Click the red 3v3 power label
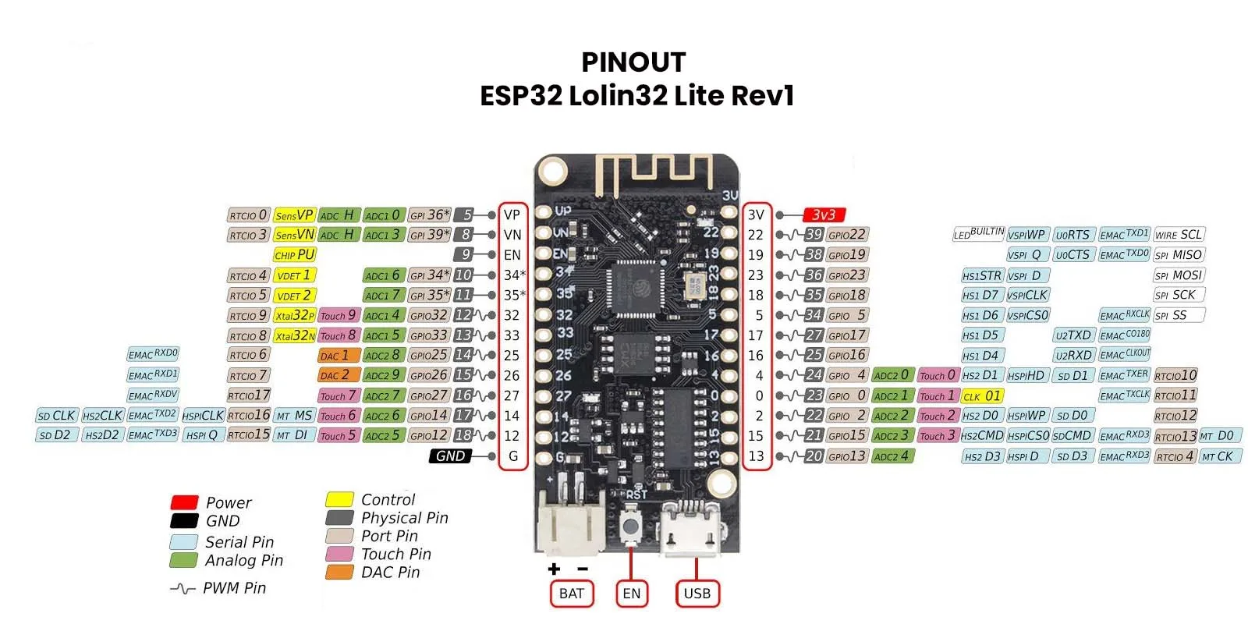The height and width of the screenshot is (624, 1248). point(824,214)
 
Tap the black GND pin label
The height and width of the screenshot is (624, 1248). point(450,456)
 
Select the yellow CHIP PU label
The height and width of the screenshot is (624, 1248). point(294,255)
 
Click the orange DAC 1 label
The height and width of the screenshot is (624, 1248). point(339,356)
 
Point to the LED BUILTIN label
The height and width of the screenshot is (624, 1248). point(978,234)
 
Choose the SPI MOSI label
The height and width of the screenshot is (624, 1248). point(1179,275)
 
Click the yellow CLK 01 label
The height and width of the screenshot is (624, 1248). point(982,395)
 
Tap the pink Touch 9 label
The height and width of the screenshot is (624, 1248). point(339,315)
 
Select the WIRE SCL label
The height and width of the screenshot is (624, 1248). point(1179,235)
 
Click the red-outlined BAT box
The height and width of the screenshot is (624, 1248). point(572,594)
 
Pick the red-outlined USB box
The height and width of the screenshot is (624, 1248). point(697,594)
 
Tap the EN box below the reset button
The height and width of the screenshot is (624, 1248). point(631,594)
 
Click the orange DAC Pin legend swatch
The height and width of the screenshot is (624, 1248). point(339,572)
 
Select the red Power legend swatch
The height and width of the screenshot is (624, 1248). point(184,502)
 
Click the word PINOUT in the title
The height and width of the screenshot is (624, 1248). point(633,62)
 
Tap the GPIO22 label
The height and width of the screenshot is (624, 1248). point(846,235)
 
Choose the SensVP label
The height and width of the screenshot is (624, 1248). point(294,214)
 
